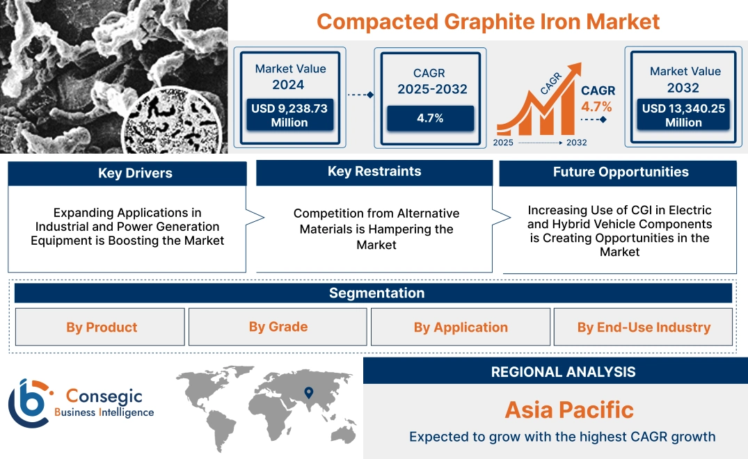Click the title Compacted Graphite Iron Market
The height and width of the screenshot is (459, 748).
pyautogui.click(x=488, y=21)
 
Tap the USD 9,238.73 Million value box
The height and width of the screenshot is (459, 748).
pyautogui.click(x=289, y=115)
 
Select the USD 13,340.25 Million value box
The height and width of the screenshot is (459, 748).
pyautogui.click(x=683, y=115)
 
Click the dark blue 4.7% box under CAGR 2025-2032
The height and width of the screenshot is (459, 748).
pyautogui.click(x=430, y=118)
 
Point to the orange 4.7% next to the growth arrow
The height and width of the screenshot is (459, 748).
pyautogui.click(x=596, y=106)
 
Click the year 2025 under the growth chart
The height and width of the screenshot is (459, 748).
pyautogui.click(x=504, y=143)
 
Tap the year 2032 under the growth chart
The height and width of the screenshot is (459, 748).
pyautogui.click(x=576, y=143)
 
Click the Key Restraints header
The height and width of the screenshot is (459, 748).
pyautogui.click(x=374, y=172)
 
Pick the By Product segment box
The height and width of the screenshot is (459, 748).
pyautogui.click(x=102, y=327)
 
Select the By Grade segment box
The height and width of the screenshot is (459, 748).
pyautogui.click(x=278, y=326)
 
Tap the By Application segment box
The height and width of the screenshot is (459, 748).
pyautogui.click(x=461, y=327)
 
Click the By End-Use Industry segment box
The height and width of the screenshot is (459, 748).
pyautogui.click(x=644, y=327)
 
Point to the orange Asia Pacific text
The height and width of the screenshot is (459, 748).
pyautogui.click(x=569, y=409)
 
